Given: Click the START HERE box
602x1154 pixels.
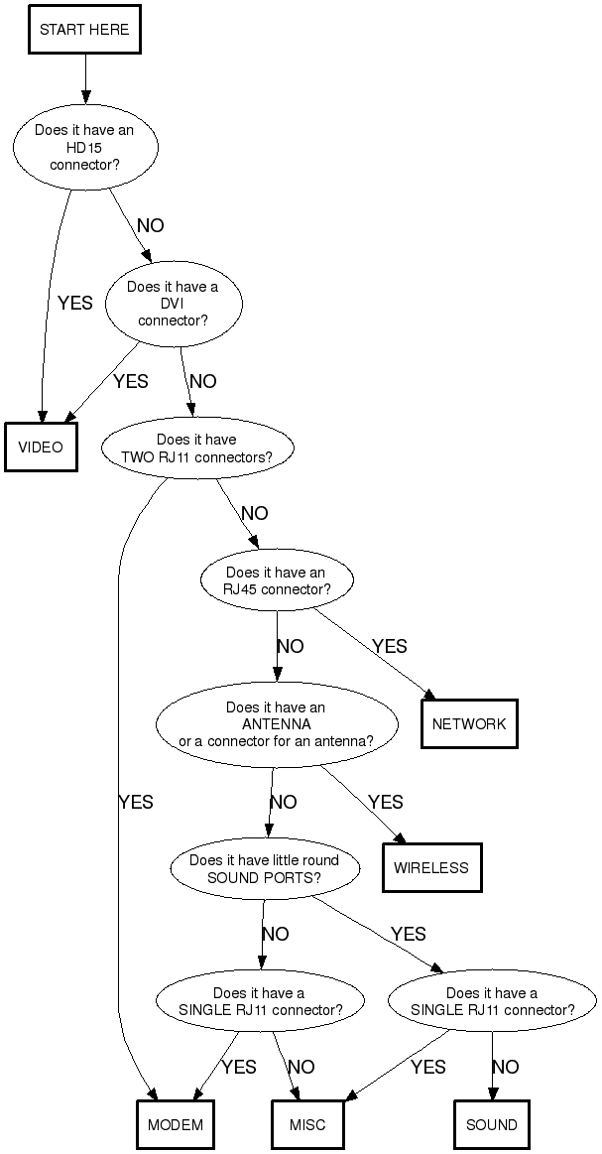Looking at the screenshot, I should (x=84, y=30).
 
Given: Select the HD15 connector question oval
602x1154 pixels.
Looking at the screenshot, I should (x=84, y=148).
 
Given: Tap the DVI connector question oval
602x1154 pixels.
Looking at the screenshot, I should (x=173, y=304).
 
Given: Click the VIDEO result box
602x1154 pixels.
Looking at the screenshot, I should (x=41, y=447).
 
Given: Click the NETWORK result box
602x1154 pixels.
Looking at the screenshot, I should (x=468, y=723).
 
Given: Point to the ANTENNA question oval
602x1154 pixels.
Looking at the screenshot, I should (x=276, y=724).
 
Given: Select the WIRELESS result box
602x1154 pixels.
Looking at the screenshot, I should (x=431, y=867).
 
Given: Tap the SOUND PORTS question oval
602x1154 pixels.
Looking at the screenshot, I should (x=264, y=868).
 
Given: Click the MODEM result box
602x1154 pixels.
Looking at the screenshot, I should (x=176, y=1124).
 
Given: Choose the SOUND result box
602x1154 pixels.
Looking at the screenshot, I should (x=492, y=1124).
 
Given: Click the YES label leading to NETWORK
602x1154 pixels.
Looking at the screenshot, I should (x=390, y=646).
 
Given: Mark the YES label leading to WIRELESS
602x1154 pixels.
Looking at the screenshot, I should (x=385, y=802).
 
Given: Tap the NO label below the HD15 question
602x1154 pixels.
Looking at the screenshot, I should (x=151, y=226).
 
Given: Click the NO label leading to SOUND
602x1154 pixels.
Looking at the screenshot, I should (x=505, y=1067).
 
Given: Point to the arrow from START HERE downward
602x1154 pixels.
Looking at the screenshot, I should (x=84, y=80).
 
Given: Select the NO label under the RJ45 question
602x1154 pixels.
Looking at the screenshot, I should (x=290, y=646).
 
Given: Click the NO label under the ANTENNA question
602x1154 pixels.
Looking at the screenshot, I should (x=283, y=802).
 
